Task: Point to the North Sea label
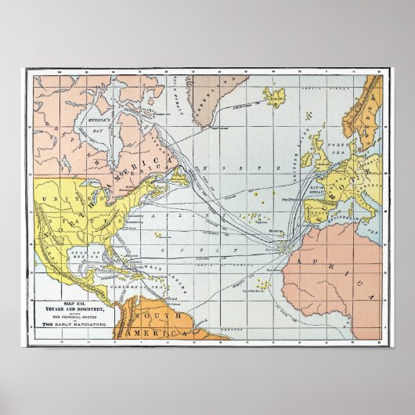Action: tap(338, 146)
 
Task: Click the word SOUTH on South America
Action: tap(150, 315)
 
